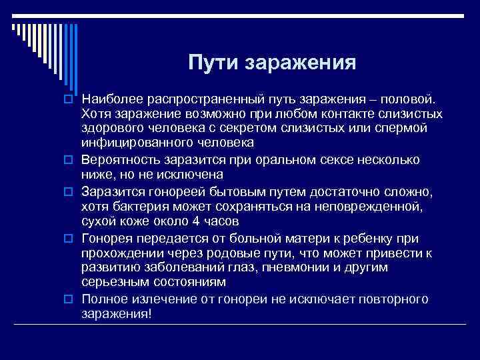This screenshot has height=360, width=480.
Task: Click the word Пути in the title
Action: [x=213, y=63]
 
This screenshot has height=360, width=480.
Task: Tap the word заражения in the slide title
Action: [x=302, y=63]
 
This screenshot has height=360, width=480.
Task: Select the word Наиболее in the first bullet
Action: [x=111, y=99]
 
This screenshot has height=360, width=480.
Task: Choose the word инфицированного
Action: [x=127, y=142]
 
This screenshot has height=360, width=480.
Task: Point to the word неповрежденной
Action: [x=375, y=207]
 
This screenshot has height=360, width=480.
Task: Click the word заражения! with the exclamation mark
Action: [x=117, y=313]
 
